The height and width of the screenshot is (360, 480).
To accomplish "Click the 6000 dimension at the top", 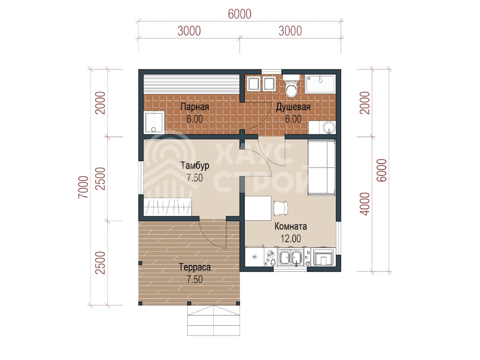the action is tap(240, 14).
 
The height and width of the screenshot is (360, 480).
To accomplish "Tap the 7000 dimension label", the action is tap(83, 187).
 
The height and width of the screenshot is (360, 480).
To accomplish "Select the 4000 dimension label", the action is tap(364, 204).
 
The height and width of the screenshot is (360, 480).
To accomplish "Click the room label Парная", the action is tap(194, 107).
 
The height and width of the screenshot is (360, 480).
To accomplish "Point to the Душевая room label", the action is tap(293, 107).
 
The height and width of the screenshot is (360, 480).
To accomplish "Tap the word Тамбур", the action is tap(195, 166).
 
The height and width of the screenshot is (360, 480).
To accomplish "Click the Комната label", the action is tap(291, 226).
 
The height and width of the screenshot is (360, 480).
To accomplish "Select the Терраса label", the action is tap(195, 267).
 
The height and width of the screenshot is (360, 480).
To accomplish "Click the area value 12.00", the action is tap(291, 238).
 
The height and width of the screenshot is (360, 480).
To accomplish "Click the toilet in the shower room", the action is tap(291, 86).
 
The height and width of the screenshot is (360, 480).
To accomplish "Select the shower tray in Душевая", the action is tap(320, 84).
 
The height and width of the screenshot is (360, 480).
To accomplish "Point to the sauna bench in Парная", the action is tap(192, 84).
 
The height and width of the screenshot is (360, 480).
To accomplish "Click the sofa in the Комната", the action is tap(322, 168).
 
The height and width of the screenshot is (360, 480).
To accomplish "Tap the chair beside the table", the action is tap(280, 208).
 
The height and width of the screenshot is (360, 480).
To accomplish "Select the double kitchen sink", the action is tap(291, 257).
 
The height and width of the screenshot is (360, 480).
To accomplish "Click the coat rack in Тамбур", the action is tap(168, 207).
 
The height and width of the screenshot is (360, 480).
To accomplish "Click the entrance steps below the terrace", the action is tap(213, 320).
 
